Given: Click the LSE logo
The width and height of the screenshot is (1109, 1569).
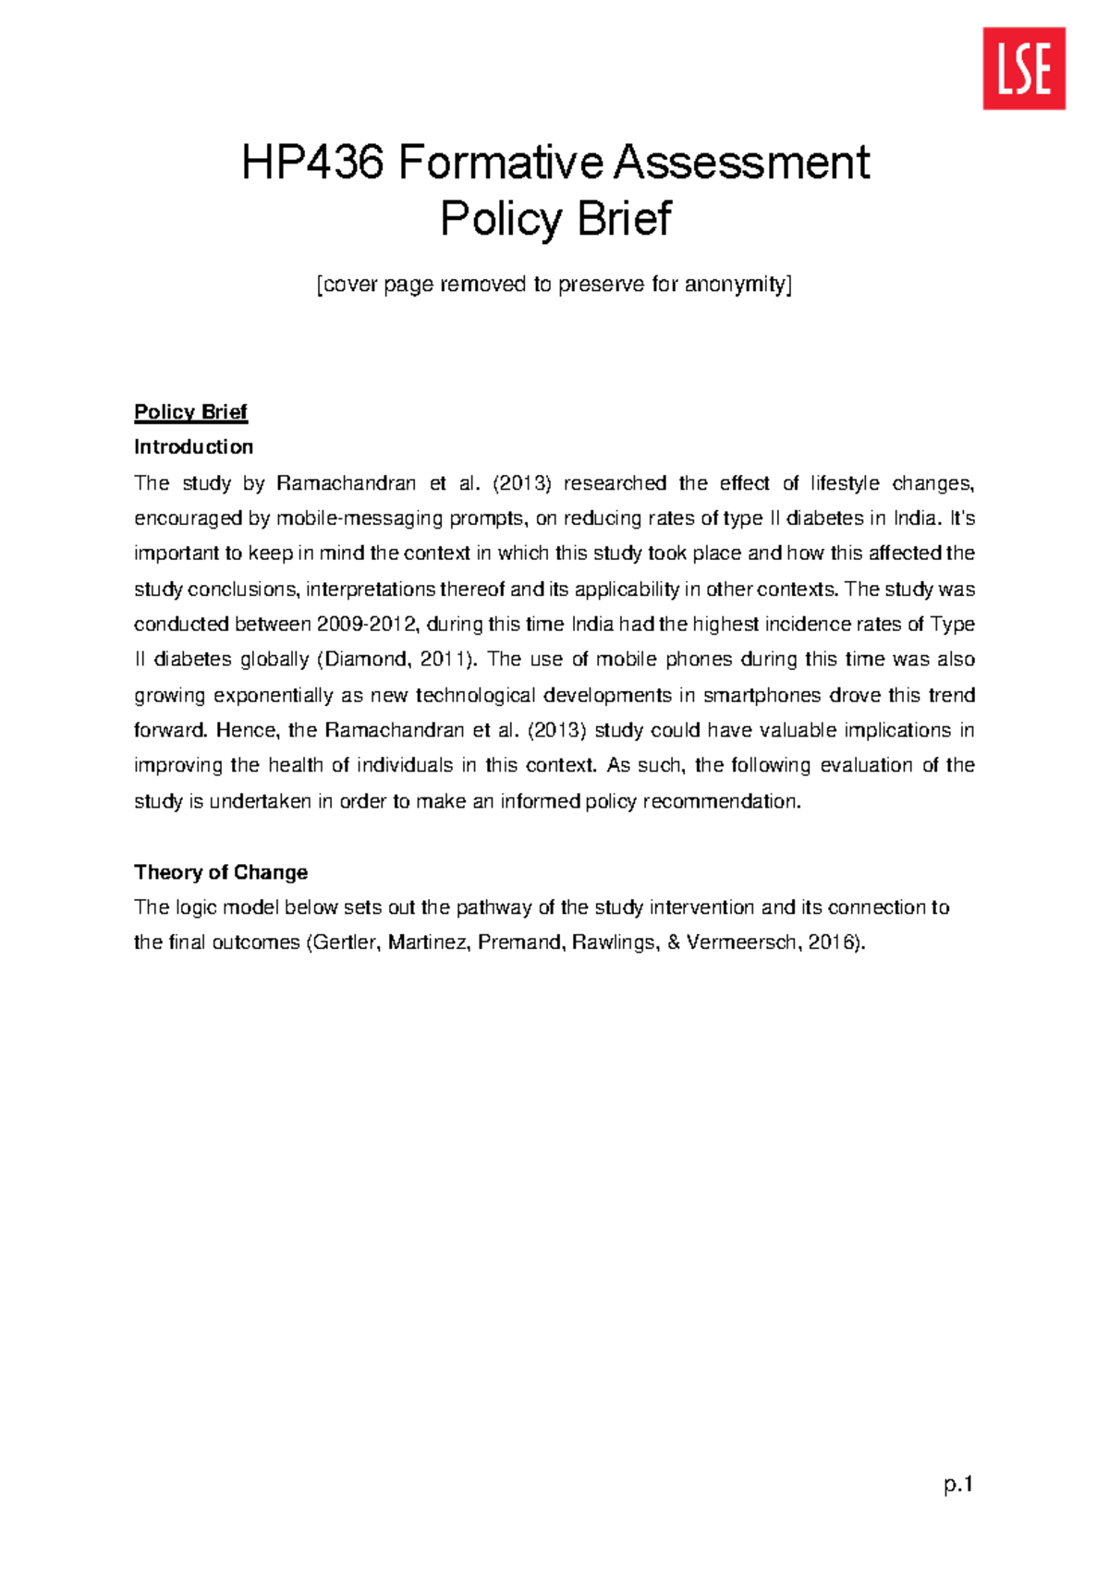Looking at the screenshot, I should tap(1024, 68).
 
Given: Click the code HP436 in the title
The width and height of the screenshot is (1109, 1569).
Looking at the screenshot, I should tap(311, 163).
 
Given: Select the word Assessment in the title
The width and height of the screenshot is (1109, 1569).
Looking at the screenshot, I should tap(742, 163).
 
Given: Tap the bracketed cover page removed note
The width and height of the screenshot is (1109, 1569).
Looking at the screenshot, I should tap(554, 284).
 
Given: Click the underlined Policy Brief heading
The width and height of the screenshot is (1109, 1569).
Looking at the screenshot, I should tap(190, 412).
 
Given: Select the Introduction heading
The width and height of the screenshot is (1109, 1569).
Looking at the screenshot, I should tap(193, 447).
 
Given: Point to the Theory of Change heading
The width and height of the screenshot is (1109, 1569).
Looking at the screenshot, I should tap(221, 872).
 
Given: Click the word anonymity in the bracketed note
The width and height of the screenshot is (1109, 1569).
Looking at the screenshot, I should tap(736, 284).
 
